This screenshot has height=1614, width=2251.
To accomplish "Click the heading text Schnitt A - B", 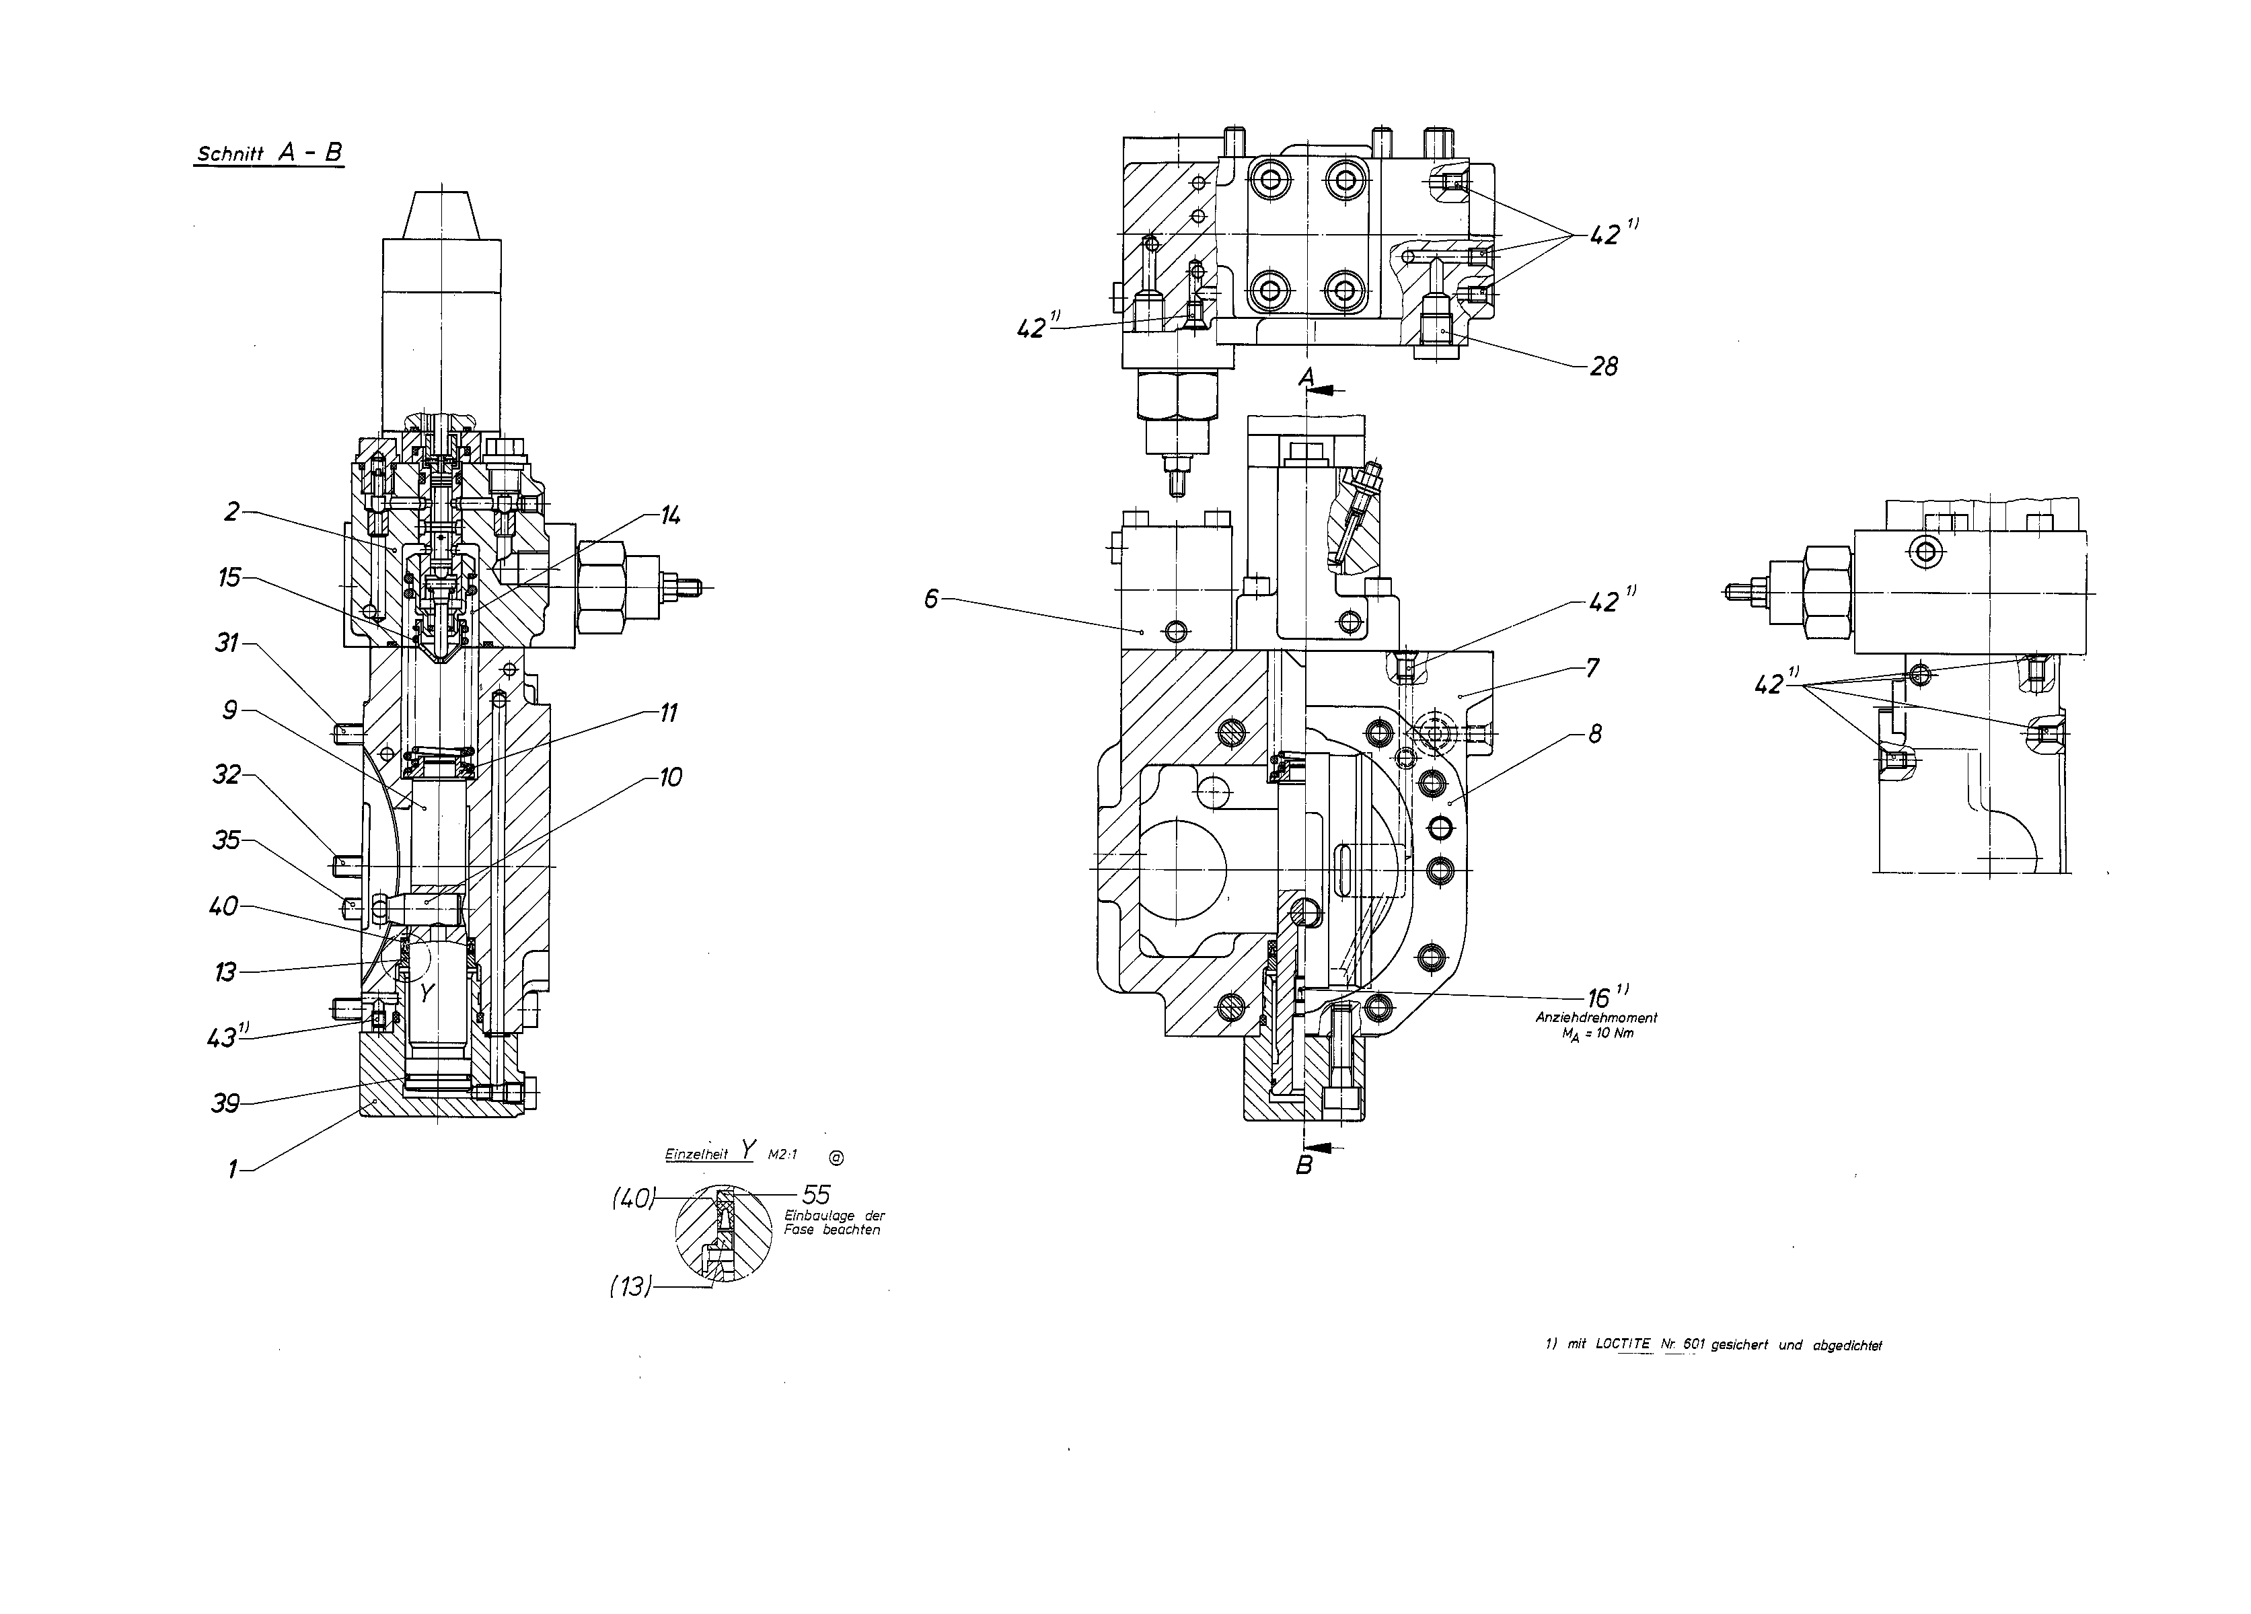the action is (x=270, y=153).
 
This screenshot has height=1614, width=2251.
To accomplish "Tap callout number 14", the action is (x=671, y=515).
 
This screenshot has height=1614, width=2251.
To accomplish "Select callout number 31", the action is (x=228, y=643).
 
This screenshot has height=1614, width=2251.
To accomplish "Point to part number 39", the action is (x=225, y=1103).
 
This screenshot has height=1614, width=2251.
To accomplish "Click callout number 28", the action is (x=1604, y=367).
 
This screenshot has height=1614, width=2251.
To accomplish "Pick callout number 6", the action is (x=931, y=599).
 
